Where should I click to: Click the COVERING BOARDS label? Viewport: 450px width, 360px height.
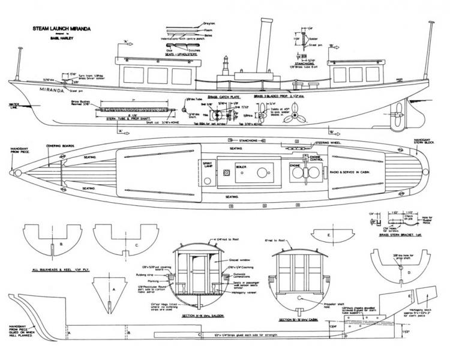click(x=59, y=146)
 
